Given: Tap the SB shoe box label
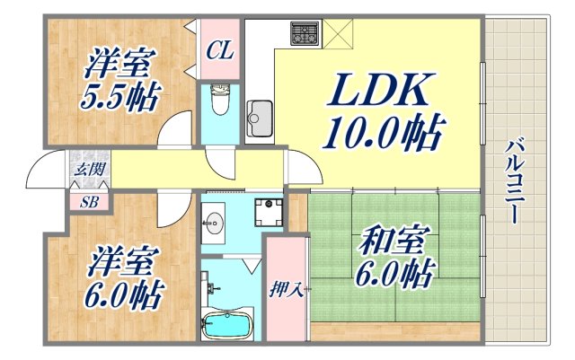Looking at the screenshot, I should pos(89,200).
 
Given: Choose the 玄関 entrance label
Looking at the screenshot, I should pos(87,170).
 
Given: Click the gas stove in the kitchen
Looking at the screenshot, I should pos(304,35).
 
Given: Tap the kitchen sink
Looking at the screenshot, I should pos(260,116).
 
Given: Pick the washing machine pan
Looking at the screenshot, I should pos(269,214).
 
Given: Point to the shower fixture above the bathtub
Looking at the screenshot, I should pos(214,288).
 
